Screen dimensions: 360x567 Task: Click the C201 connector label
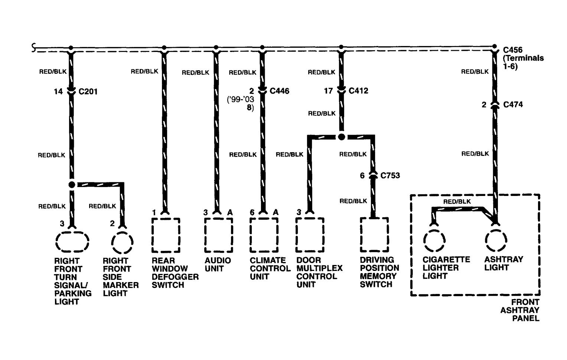88,91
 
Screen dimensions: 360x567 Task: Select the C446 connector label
279,91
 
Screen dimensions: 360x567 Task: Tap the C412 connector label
358,91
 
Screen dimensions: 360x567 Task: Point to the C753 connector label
390,175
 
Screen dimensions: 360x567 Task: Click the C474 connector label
513,105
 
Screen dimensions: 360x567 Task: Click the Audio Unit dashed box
219,235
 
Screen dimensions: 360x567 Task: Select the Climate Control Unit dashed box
264,235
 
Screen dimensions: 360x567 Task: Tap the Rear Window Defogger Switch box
166,235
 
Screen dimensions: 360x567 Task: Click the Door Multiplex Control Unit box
310,235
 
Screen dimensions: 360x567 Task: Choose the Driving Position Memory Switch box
374,235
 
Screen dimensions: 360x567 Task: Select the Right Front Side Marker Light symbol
122,242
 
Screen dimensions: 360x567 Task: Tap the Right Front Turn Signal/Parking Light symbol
72,242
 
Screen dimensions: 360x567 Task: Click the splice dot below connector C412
342,137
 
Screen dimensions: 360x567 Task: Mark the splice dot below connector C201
72,184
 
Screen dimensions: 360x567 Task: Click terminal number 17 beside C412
328,91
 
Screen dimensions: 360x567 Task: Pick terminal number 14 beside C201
58,91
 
